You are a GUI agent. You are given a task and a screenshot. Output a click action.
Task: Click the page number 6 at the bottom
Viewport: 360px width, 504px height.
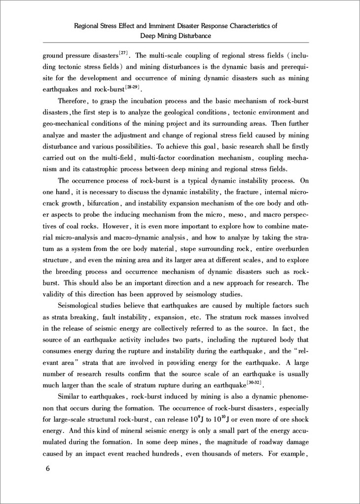point(48,469)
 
